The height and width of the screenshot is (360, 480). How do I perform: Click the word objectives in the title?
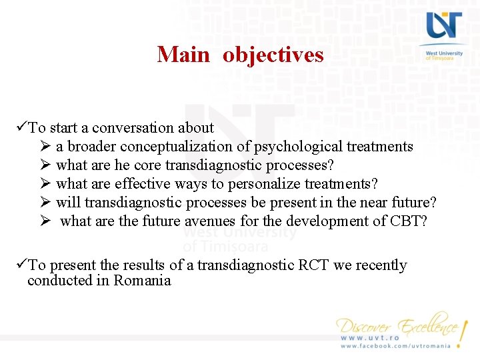[273, 54]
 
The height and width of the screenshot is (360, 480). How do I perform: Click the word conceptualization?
[191, 147]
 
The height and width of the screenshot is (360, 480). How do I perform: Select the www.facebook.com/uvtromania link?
[395, 346]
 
